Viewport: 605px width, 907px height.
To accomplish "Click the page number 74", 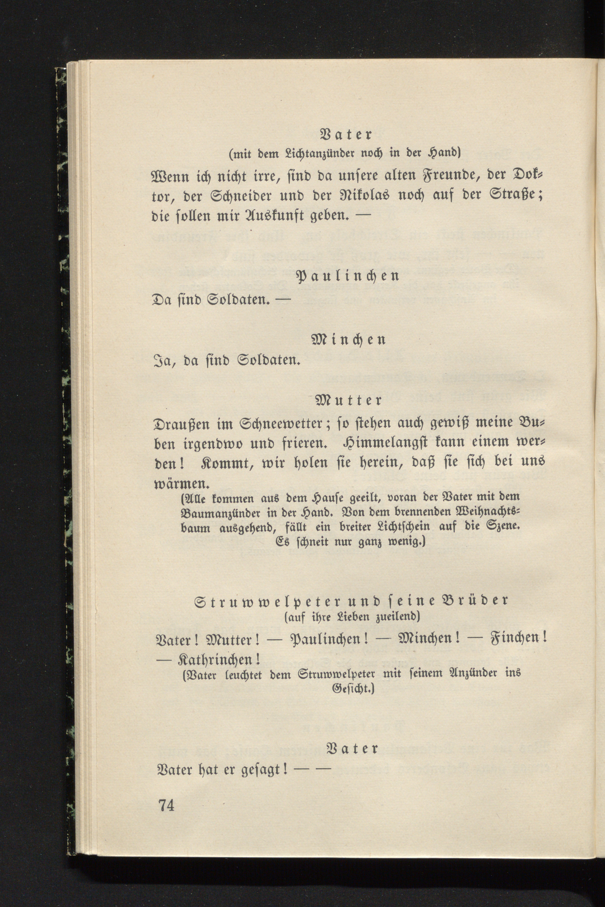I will [x=166, y=805].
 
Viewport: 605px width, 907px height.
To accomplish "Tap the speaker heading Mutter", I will [x=348, y=400].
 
